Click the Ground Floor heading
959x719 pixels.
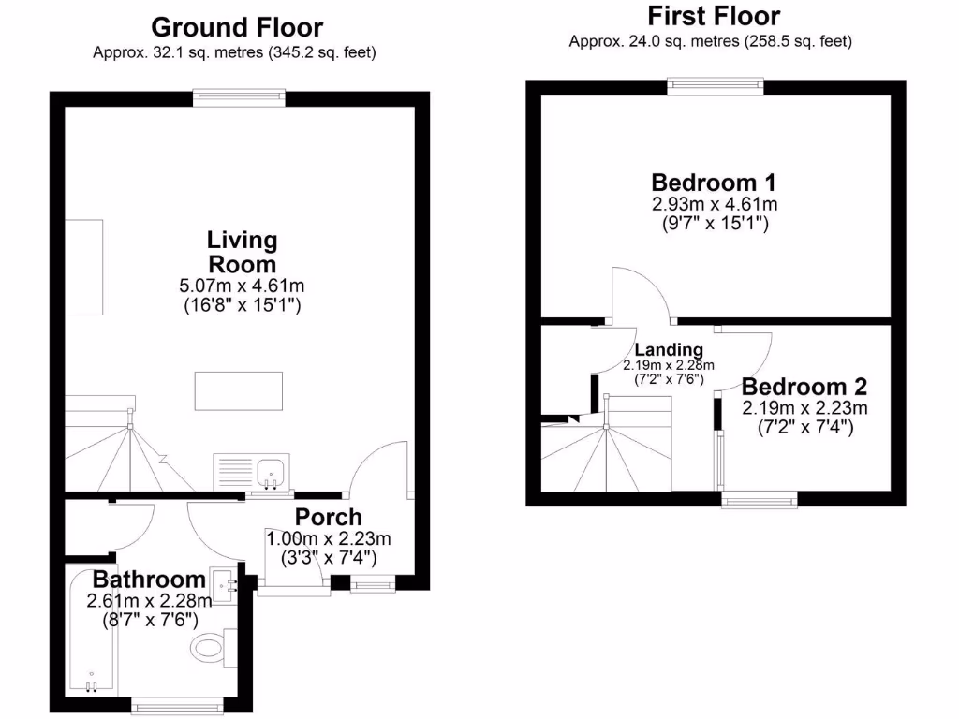[x=237, y=28]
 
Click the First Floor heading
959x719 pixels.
[x=714, y=17]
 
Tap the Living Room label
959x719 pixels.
[x=242, y=252]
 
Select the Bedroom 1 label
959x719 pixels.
[x=715, y=182]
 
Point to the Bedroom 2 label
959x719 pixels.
[x=804, y=387]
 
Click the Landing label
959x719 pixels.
[x=669, y=350]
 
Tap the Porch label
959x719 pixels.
[x=328, y=517]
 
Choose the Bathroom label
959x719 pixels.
[x=148, y=580]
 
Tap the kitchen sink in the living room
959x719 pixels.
[x=273, y=472]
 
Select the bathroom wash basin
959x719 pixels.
[x=224, y=586]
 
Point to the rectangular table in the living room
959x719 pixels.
[x=239, y=391]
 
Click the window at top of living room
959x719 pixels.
[x=238, y=94]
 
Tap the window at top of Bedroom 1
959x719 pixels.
[x=716, y=86]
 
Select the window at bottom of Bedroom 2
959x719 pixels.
[x=759, y=500]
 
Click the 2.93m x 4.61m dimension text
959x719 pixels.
[x=715, y=204]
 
